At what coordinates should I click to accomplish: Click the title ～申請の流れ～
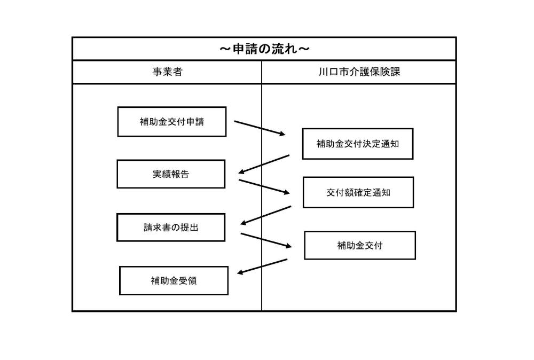point(264,49)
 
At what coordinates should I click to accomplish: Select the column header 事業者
point(167,72)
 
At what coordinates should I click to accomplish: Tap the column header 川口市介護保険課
point(359,72)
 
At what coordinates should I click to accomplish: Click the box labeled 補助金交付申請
point(171,122)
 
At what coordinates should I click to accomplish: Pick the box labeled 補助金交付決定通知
point(357,144)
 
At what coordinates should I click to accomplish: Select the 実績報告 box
point(170,174)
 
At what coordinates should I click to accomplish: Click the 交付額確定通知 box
point(358,192)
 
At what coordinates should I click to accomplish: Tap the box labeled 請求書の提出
point(170,228)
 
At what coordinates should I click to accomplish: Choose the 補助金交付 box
point(359,246)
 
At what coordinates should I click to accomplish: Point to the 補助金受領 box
point(173,280)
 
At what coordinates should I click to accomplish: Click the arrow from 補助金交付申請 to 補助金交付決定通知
point(260,128)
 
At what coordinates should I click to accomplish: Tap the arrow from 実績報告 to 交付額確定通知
point(265,187)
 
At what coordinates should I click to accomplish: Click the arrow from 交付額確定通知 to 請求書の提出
point(266,215)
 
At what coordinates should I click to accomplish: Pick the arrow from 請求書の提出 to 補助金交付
point(266,240)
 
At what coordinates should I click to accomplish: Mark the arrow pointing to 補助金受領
point(262,267)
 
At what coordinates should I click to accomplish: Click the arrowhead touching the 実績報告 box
point(242,172)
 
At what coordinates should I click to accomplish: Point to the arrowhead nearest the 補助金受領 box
point(240,273)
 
